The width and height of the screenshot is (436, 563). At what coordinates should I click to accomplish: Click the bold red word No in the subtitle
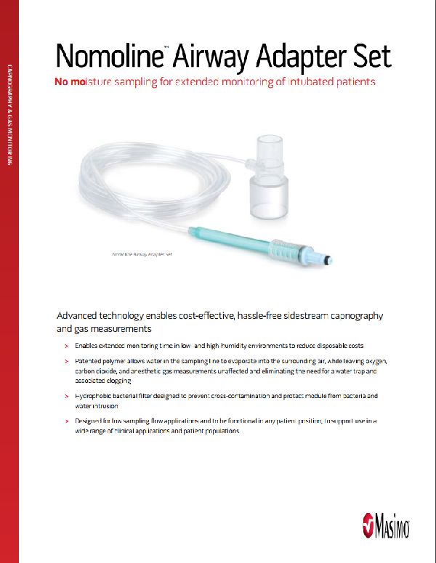(x=62, y=82)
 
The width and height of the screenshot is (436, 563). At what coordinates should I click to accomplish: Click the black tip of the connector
(x=331, y=258)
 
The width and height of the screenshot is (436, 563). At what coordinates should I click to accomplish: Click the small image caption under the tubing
(x=142, y=255)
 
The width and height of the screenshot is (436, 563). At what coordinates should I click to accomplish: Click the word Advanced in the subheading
(x=81, y=317)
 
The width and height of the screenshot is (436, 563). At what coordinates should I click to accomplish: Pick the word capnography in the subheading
(x=356, y=317)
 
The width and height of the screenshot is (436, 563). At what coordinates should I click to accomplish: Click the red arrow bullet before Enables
(x=65, y=345)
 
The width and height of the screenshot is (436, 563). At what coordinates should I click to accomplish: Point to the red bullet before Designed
(x=65, y=421)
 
